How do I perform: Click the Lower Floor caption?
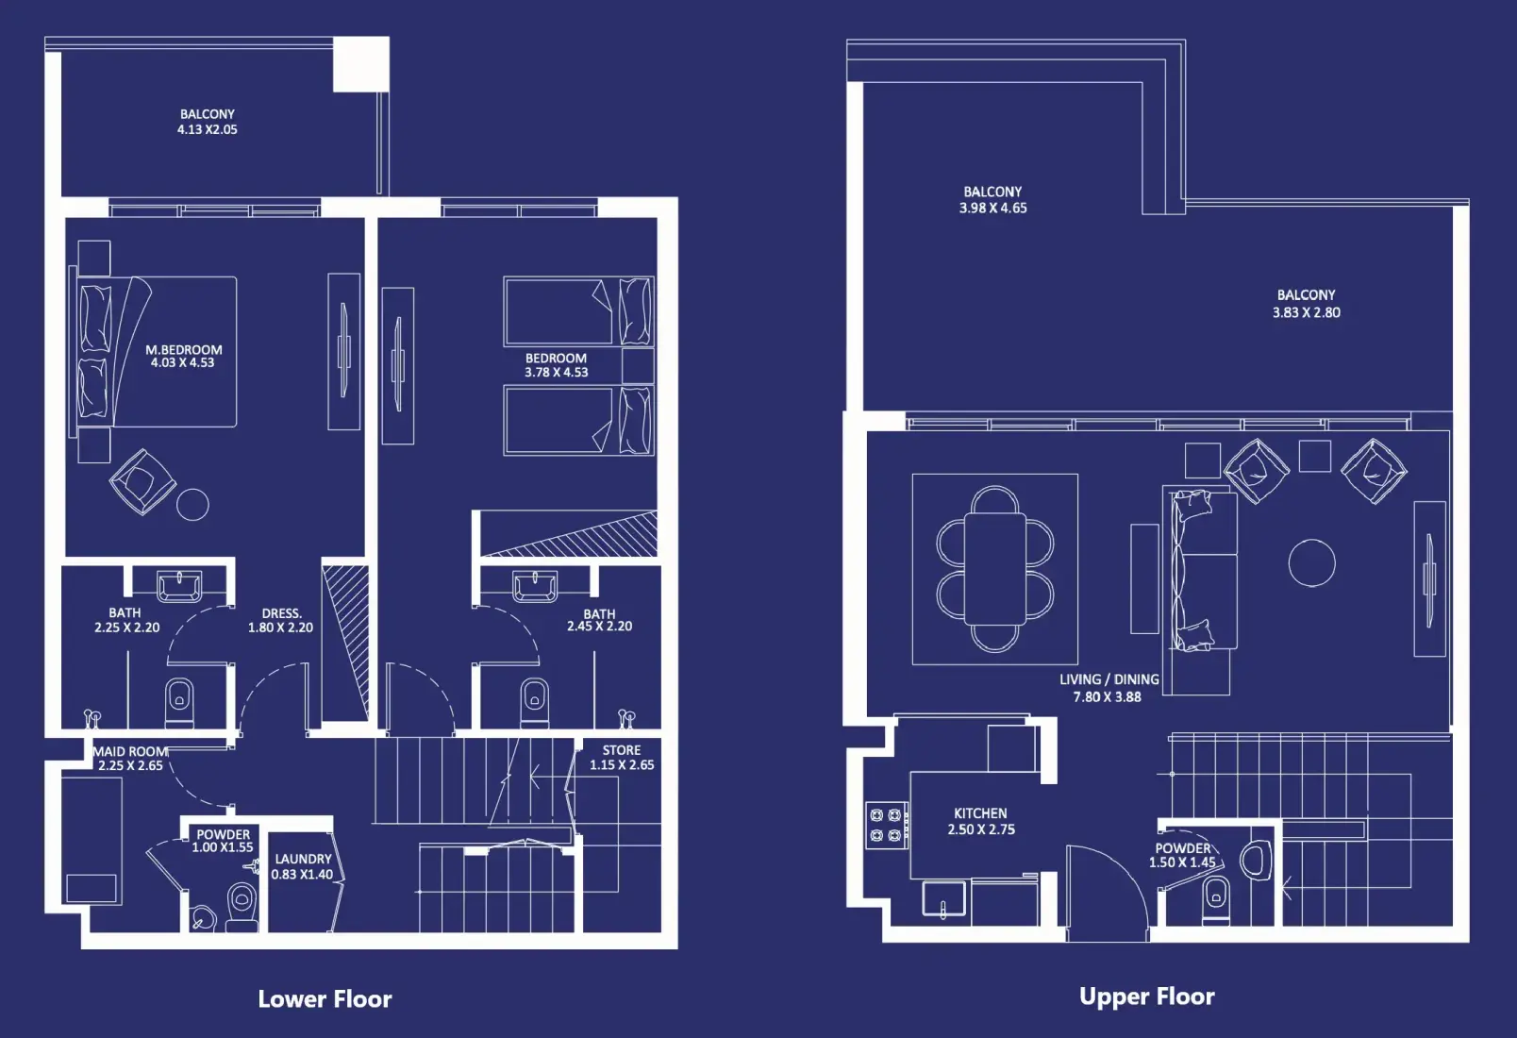click(x=325, y=998)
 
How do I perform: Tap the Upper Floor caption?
click(x=1146, y=996)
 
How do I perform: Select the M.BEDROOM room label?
click(x=184, y=349)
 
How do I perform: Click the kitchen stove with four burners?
click(x=887, y=825)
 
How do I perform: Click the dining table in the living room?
click(x=995, y=569)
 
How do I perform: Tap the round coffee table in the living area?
click(x=1311, y=562)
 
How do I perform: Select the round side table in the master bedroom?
click(x=193, y=504)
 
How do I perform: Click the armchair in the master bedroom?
click(x=142, y=482)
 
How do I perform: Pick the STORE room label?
click(x=622, y=750)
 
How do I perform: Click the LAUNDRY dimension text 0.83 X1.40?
click(x=302, y=874)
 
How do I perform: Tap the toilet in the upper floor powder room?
click(x=1216, y=898)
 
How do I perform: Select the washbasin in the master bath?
click(x=179, y=586)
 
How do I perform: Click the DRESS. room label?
click(x=282, y=613)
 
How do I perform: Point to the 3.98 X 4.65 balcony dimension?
click(x=992, y=208)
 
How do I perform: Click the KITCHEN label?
click(x=980, y=813)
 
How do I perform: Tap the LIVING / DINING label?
click(x=1109, y=678)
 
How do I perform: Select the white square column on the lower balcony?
click(x=361, y=63)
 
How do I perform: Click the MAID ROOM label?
click(x=130, y=751)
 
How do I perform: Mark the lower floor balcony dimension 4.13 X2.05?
click(x=208, y=129)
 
